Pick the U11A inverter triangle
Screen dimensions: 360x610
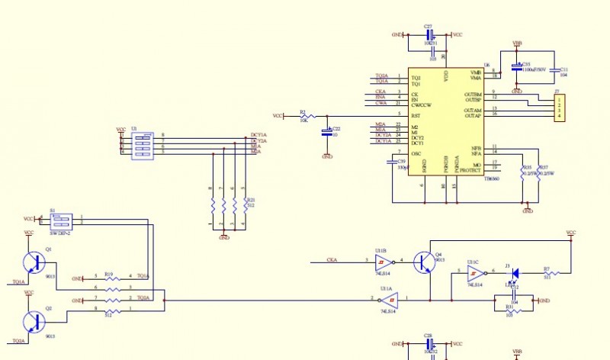click(x=389, y=300)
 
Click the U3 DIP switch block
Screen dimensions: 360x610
click(x=142, y=144)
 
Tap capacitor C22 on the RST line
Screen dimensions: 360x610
click(x=327, y=132)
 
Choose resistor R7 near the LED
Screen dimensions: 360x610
click(x=547, y=273)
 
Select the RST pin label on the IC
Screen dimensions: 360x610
click(x=416, y=115)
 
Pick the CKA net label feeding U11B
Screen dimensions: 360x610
click(x=332, y=261)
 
